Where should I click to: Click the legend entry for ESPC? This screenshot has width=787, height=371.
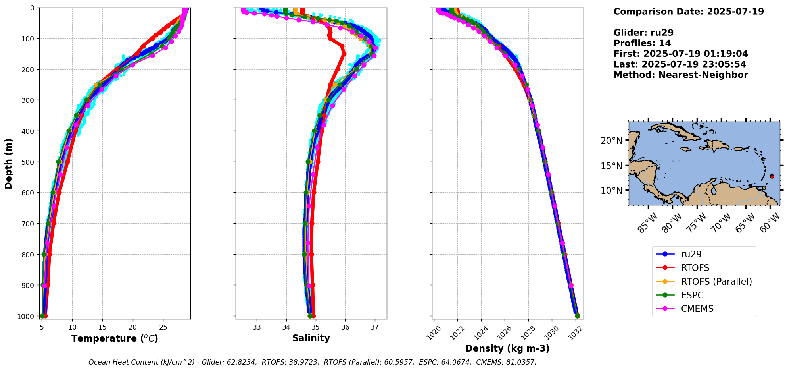(692, 295)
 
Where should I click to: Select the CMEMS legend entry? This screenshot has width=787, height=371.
(697, 309)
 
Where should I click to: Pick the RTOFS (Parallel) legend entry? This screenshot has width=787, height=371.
(716, 282)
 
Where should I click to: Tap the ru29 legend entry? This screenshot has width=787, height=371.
(691, 254)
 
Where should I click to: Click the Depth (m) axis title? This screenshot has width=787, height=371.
(9, 163)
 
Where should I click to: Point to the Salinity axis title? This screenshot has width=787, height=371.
(311, 338)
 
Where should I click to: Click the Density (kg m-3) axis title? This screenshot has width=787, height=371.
(507, 348)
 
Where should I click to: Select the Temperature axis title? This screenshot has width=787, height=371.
(115, 338)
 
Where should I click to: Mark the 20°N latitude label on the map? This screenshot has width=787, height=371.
(611, 141)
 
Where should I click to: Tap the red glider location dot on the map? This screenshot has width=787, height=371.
(772, 176)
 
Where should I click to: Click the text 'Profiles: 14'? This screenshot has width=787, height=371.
(642, 43)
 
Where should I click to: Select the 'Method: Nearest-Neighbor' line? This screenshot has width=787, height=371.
(681, 75)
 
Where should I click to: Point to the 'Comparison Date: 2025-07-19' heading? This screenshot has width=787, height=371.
(689, 12)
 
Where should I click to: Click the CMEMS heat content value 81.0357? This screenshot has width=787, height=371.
(519, 362)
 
